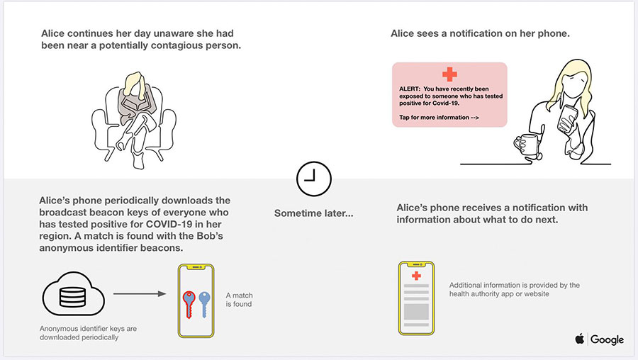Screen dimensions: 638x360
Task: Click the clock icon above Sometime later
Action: coord(314,179)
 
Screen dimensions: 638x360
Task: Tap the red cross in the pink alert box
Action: coord(449,74)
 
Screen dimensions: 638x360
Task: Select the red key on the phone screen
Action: coord(189,304)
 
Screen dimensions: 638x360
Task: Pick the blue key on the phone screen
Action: coord(204,304)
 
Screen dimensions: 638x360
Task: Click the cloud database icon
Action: coord(73,293)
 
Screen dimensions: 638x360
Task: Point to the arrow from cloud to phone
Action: coord(140,293)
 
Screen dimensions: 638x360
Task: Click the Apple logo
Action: coord(580,339)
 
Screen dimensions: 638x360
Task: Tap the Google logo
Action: coord(607,339)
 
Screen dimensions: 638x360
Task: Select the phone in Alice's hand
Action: coord(568,118)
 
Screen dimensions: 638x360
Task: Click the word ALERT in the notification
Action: coord(410,89)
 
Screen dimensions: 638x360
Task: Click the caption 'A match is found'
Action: coord(240,300)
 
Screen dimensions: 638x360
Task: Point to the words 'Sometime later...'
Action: coord(314,213)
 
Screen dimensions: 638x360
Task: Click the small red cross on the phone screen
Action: coord(416,276)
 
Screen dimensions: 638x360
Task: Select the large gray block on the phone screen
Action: coord(416,312)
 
